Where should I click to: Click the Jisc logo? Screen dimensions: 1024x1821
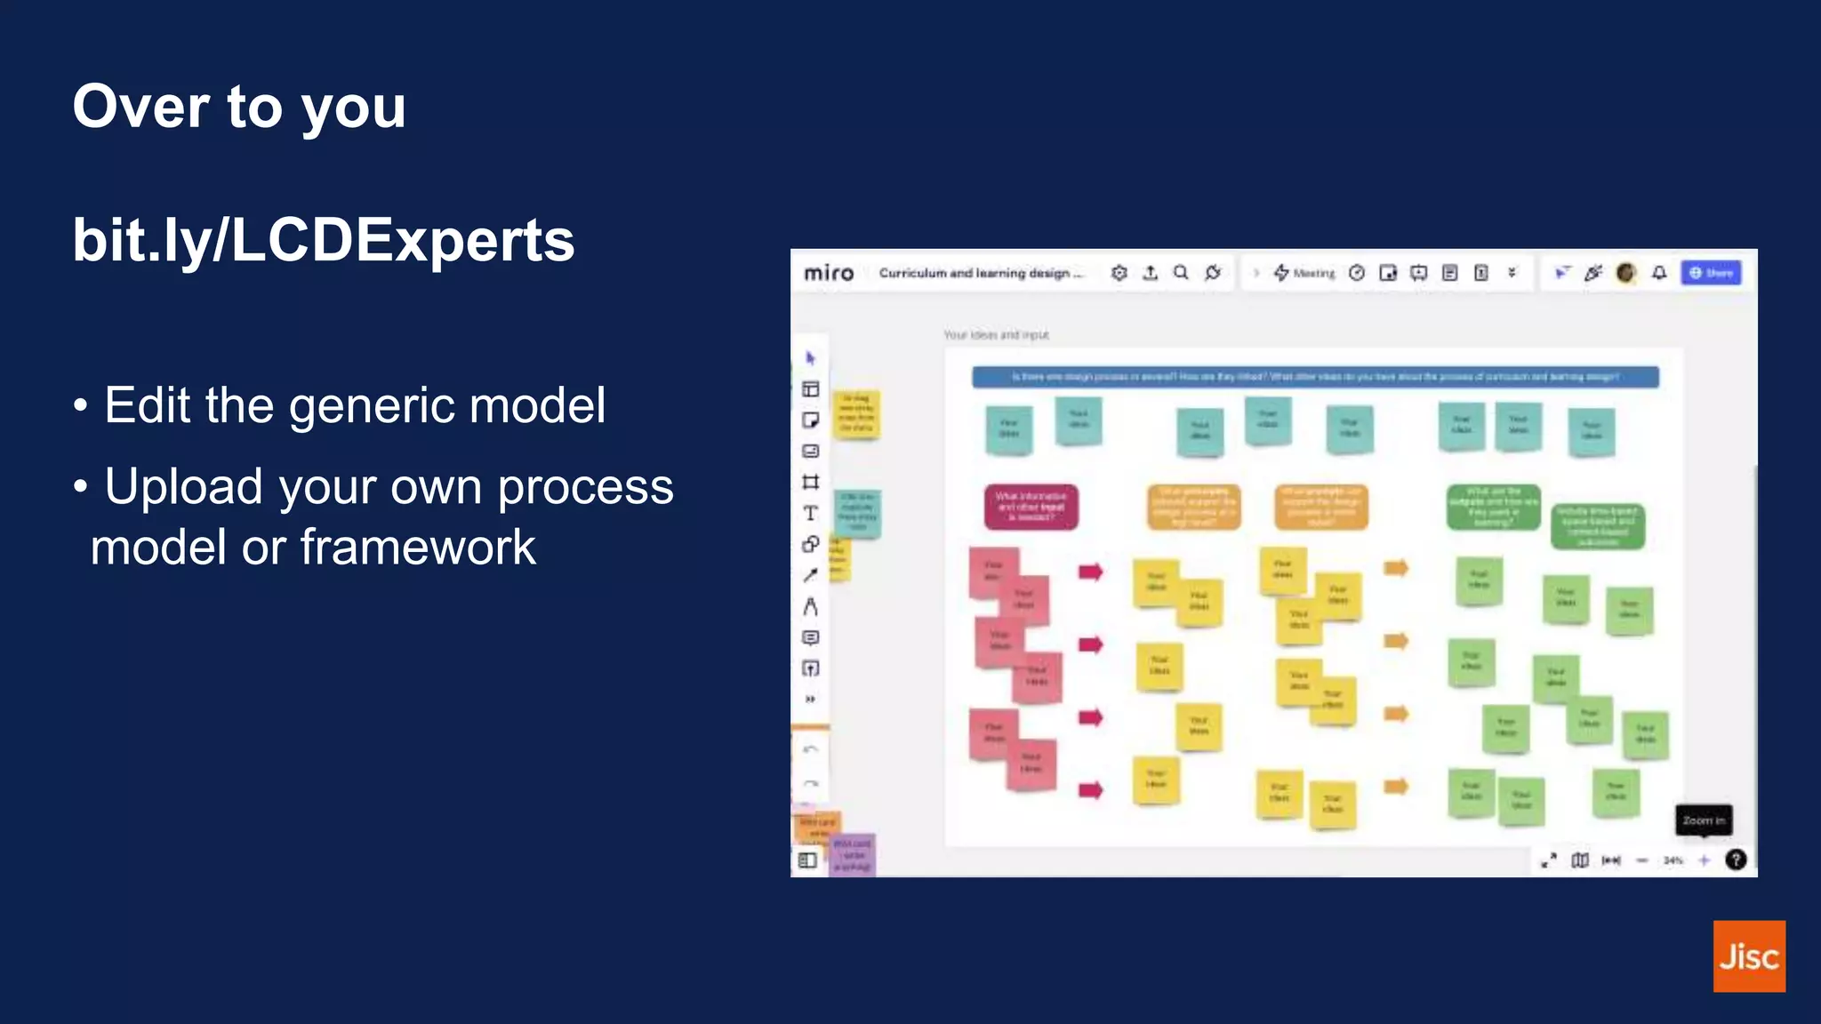(1748, 956)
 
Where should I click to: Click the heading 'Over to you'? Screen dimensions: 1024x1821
(239, 108)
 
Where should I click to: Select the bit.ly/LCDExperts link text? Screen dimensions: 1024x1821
(324, 241)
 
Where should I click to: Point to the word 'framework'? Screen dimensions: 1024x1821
(418, 548)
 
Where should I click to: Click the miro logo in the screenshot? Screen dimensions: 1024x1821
(829, 273)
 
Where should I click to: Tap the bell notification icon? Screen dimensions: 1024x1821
(1659, 273)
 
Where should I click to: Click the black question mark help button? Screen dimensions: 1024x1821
(1735, 860)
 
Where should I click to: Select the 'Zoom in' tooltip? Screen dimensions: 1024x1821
(1704, 820)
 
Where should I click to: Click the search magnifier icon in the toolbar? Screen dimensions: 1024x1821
(1181, 273)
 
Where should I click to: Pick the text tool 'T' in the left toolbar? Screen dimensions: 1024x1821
(810, 513)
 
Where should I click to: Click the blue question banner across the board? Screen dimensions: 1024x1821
(1315, 377)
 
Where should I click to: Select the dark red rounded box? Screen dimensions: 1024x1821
(1031, 507)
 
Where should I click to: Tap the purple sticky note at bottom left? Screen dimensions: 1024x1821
(853, 854)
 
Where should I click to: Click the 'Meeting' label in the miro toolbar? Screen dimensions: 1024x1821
(1313, 274)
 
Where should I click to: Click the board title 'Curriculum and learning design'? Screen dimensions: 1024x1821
(980, 273)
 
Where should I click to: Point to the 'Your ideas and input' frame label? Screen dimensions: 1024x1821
(996, 335)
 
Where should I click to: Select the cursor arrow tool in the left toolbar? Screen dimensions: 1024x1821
(810, 358)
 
